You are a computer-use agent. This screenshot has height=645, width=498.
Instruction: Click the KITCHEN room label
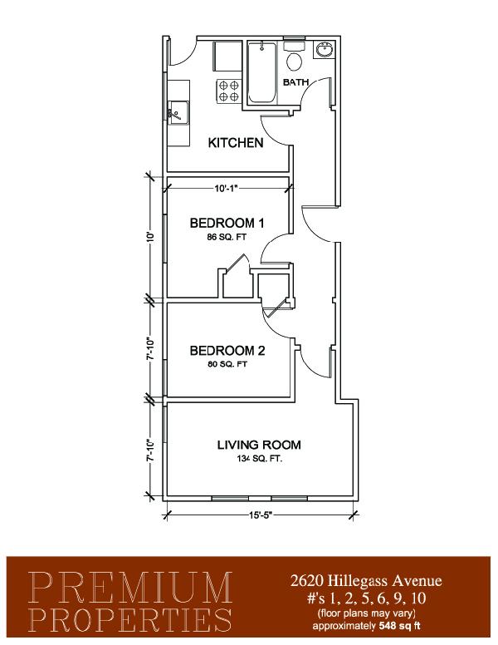(236, 143)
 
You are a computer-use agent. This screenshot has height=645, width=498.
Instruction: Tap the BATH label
(295, 82)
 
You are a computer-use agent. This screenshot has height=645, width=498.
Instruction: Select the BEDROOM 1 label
(227, 224)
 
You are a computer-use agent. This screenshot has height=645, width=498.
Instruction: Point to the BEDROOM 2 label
(227, 351)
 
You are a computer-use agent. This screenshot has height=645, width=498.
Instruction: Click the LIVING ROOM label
(259, 445)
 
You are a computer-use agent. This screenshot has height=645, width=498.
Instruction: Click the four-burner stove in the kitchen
(228, 91)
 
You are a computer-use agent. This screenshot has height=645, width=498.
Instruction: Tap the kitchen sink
(178, 111)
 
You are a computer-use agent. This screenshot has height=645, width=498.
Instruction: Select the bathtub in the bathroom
(261, 73)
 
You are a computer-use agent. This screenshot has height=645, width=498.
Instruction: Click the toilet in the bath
(294, 56)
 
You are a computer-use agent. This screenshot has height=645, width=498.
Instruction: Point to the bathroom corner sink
(325, 50)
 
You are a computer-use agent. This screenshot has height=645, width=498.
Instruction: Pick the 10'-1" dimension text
(227, 189)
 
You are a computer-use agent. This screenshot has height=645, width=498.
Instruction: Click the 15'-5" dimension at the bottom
(261, 515)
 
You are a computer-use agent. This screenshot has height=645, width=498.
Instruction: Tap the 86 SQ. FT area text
(227, 237)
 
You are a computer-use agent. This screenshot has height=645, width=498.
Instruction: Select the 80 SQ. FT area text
(227, 364)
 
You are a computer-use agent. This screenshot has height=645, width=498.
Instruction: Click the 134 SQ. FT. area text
(259, 459)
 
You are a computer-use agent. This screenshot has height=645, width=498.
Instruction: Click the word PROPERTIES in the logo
(130, 620)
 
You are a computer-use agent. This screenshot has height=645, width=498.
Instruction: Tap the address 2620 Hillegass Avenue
(366, 580)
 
